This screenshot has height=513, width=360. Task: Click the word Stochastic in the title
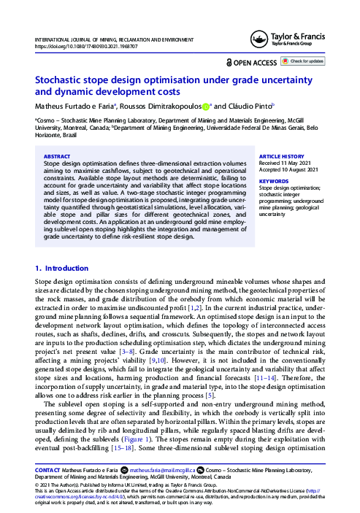(60, 82)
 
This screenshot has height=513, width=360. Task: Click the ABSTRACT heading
(57, 156)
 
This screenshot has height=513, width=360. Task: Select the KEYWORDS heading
(275, 180)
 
